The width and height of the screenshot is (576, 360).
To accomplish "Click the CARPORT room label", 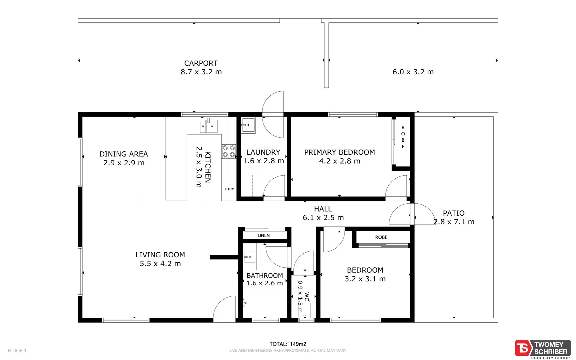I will tap(201, 63).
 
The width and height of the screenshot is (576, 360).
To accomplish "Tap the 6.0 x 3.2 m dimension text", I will tap(413, 72).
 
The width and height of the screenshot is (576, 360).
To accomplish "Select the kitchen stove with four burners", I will tap(229, 151).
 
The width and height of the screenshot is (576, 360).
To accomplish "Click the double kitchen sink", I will tap(209, 126).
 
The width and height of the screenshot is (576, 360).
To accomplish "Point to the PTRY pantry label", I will tap(229, 189).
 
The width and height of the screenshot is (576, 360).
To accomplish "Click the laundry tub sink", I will tap(248, 125).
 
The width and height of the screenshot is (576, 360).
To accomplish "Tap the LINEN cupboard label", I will tap(264, 235).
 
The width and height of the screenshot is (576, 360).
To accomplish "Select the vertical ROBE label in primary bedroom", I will tap(403, 137).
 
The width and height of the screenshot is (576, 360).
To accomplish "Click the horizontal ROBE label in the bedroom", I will tap(381, 237).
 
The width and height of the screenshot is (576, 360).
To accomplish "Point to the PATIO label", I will tap(454, 213).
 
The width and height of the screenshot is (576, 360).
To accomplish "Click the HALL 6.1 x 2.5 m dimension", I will tap(323, 218).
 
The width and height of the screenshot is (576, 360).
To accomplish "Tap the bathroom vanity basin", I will tap(249, 257).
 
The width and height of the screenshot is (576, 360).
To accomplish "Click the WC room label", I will tap(307, 296).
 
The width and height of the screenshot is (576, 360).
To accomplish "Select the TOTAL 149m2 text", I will tap(288, 344).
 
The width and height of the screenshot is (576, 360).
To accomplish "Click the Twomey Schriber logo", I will tap(543, 349).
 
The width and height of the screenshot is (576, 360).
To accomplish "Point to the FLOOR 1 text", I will tap(17, 350).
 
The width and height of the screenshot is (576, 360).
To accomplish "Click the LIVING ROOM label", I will tap(160, 255).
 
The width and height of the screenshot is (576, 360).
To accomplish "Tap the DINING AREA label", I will tap(124, 154).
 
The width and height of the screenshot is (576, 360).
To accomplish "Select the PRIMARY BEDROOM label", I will tap(339, 152).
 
